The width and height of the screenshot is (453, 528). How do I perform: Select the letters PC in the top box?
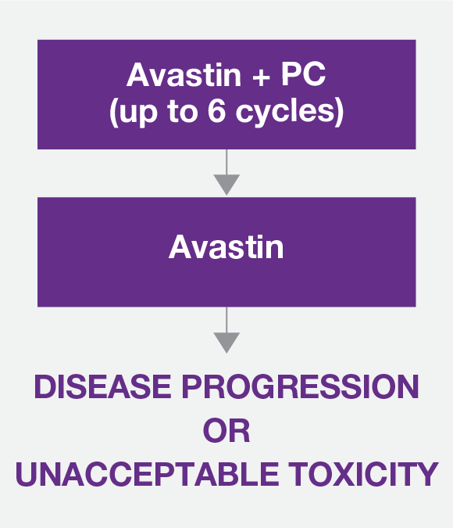pyautogui.click(x=297, y=75)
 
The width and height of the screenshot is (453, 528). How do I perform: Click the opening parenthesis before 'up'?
pyautogui.click(x=113, y=113)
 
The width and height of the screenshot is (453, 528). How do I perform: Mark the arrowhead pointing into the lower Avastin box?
pyautogui.click(x=226, y=185)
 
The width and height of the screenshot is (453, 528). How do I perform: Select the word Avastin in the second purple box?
pyautogui.click(x=226, y=248)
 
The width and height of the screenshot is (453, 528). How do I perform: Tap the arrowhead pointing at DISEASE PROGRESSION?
pyautogui.click(x=226, y=343)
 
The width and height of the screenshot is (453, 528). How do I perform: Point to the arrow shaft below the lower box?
pyautogui.click(x=226, y=320)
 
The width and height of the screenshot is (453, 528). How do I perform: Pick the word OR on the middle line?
pyautogui.click(x=226, y=431)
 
